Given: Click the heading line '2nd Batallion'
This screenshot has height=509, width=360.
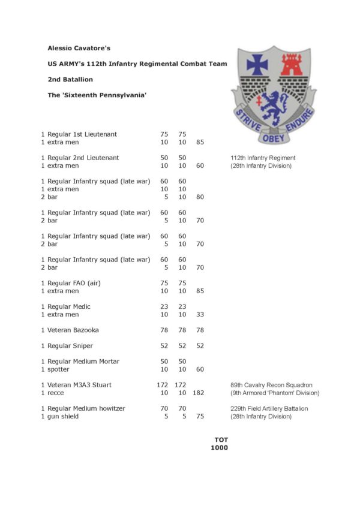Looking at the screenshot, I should tap(70, 79).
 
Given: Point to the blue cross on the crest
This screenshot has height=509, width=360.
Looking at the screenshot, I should tap(257, 64).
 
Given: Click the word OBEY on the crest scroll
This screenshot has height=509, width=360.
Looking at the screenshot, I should tap(272, 138).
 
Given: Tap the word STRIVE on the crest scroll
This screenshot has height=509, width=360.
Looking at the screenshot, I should tap(246, 120).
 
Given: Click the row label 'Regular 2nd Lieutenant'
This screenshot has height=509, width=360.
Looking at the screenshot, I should tap(83, 158).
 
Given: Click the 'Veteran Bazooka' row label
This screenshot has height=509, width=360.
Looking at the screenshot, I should tap(73, 330).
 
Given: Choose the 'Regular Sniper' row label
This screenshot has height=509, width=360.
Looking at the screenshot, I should tap(70, 346).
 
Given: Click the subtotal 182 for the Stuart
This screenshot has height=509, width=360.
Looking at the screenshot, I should tap(200, 393).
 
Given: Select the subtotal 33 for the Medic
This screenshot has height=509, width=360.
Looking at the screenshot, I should tap(200, 314).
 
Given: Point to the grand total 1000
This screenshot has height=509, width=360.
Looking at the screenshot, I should tap(219, 447).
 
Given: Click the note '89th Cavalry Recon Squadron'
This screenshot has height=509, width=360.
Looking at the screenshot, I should tap(271, 385).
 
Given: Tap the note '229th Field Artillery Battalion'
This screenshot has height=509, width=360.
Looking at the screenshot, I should tap(269, 408).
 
